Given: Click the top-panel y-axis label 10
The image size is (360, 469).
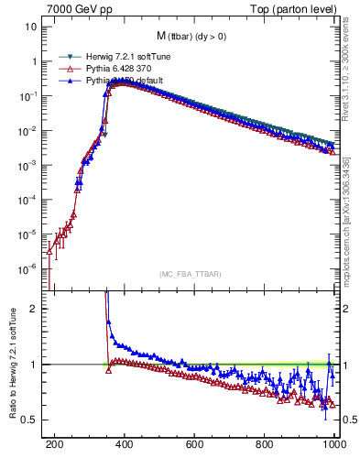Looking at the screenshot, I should coord(31,27).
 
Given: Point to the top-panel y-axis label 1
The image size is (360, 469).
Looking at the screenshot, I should coord(34,61).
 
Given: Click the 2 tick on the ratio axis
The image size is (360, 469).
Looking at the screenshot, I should coord(35,309).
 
